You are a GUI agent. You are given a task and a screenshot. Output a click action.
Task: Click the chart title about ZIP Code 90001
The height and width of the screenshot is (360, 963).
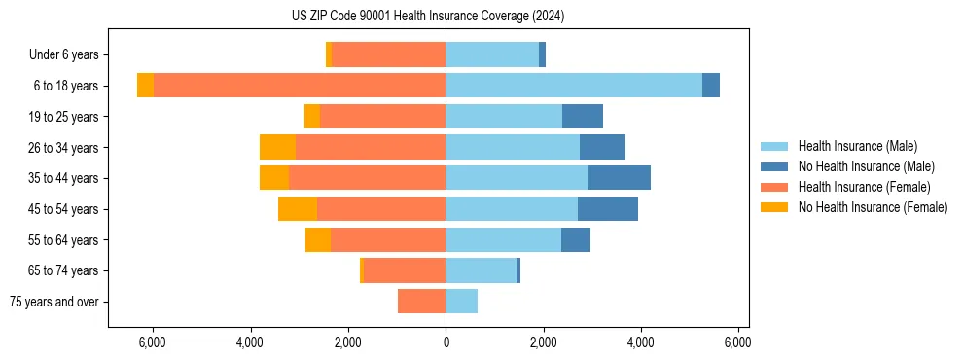pyautogui.click(x=428, y=17)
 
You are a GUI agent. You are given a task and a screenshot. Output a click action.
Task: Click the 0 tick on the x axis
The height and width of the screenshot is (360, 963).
pyautogui.click(x=446, y=342)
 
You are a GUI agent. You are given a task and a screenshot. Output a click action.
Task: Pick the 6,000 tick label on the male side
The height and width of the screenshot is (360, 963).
pyautogui.click(x=737, y=342)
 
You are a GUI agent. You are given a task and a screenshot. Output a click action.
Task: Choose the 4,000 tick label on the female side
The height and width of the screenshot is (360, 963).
pyautogui.click(x=250, y=342)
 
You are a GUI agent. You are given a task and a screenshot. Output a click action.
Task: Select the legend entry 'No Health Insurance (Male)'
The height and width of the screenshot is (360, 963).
pyautogui.click(x=866, y=166)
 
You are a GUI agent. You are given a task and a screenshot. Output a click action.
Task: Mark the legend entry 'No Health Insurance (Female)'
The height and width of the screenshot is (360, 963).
pyautogui.click(x=873, y=207)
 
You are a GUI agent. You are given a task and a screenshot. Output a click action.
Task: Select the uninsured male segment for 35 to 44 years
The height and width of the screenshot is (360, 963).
pyautogui.click(x=620, y=178)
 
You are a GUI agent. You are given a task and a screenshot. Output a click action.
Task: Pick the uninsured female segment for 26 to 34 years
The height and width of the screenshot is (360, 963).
pyautogui.click(x=277, y=147)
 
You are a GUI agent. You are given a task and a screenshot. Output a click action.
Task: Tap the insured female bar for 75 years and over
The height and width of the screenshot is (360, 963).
pyautogui.click(x=421, y=302)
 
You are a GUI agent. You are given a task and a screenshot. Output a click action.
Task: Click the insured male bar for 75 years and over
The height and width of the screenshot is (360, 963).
pyautogui.click(x=461, y=302)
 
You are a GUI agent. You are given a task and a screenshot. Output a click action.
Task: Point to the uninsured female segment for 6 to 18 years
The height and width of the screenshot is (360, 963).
pyautogui.click(x=145, y=86)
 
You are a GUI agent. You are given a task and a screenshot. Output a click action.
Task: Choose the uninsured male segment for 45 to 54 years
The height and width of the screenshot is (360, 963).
pyautogui.click(x=608, y=209)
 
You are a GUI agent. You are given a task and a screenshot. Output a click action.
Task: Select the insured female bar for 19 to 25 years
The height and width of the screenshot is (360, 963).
pyautogui.click(x=382, y=117)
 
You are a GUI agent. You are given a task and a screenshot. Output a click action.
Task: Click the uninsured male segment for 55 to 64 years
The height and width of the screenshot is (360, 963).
pyautogui.click(x=576, y=239)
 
